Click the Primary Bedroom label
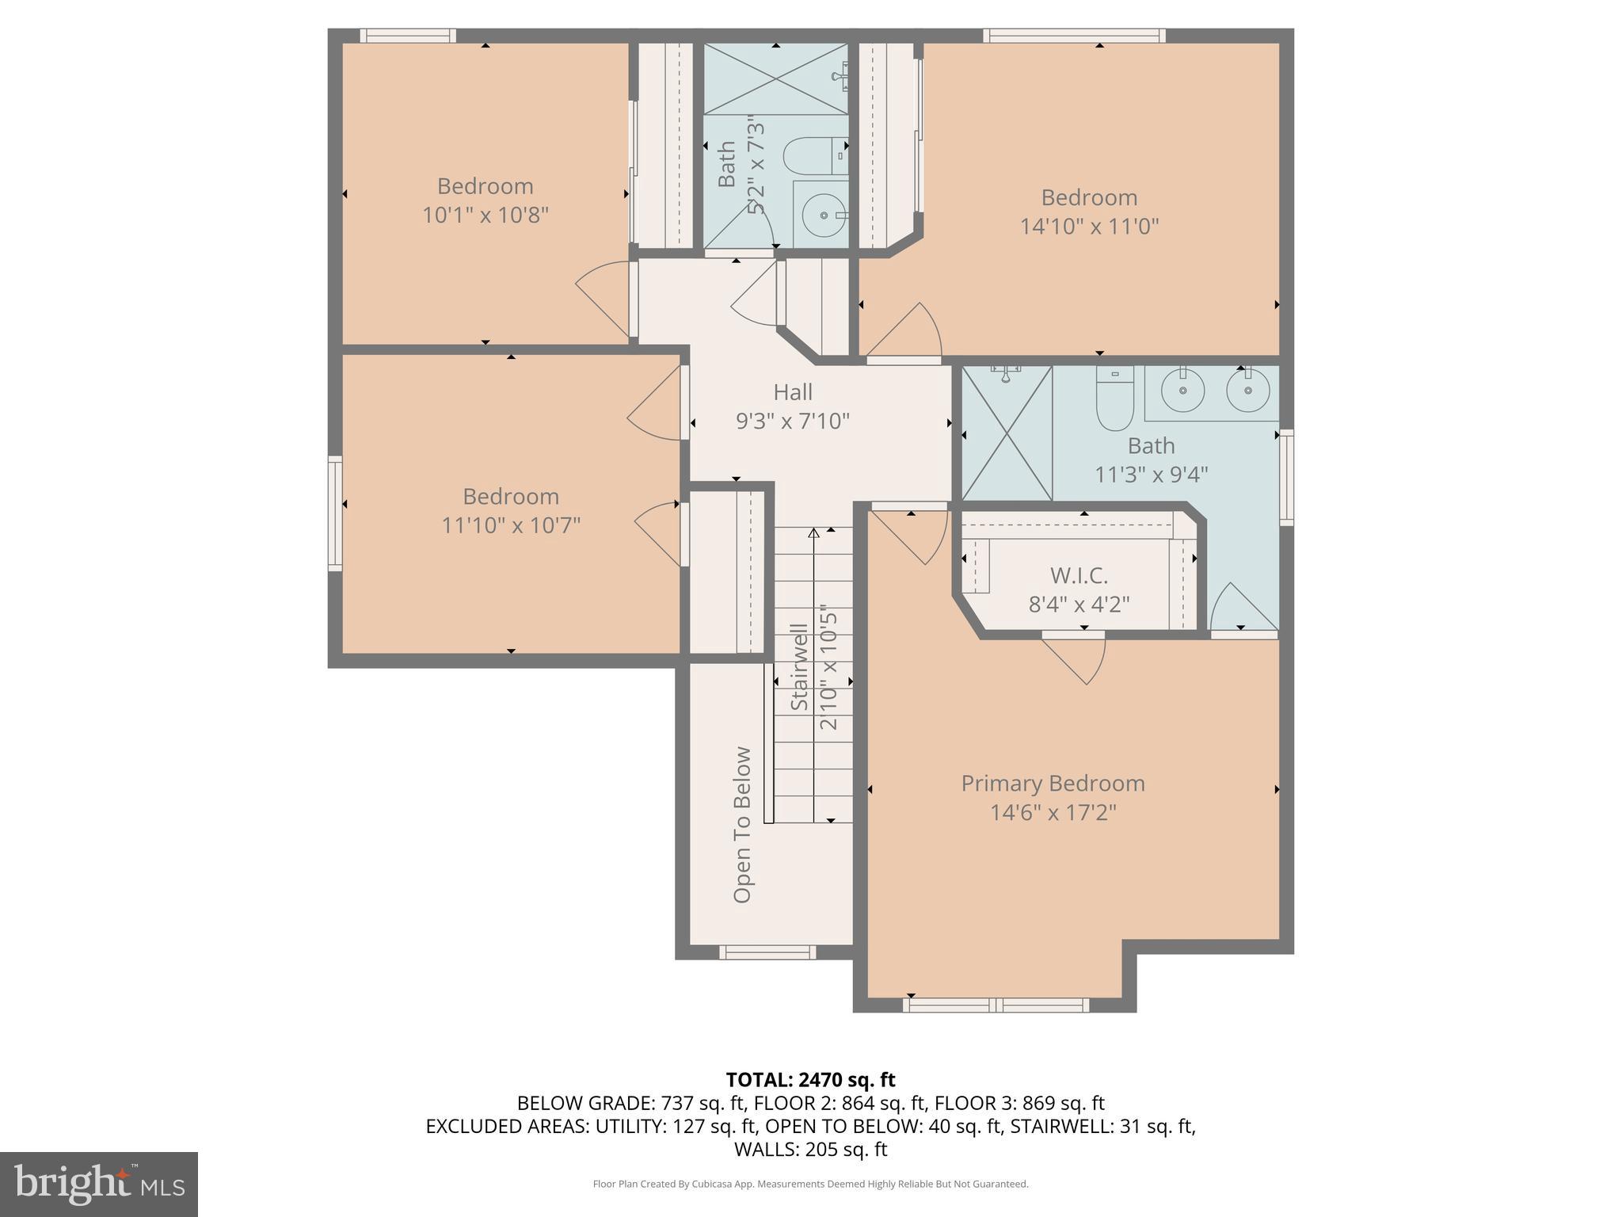click(x=1053, y=783)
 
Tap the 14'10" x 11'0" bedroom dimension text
click(x=1089, y=227)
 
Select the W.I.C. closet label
click(x=1079, y=575)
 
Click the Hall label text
click(x=793, y=392)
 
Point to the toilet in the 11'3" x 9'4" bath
click(x=1115, y=396)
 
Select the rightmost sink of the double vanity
click(x=1248, y=391)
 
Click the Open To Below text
click(x=742, y=824)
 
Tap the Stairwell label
click(x=800, y=667)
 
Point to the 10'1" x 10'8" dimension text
click(x=485, y=215)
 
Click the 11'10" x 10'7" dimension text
click(x=511, y=525)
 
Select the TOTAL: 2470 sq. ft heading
click(x=810, y=1079)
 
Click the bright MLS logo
click(x=98, y=1184)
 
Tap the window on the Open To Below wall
click(x=767, y=952)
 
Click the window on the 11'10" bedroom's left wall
click(x=336, y=513)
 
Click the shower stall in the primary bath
click(x=1006, y=433)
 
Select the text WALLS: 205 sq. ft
click(x=810, y=1149)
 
